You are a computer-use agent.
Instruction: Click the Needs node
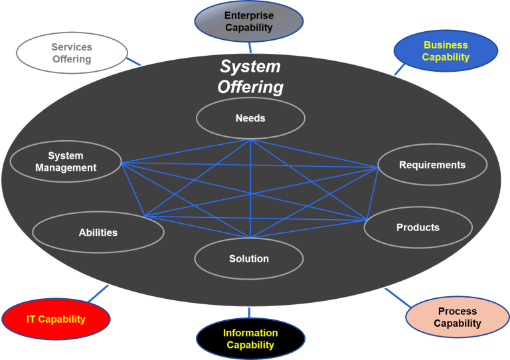click(250, 118)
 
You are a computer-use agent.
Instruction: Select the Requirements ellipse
click(432, 165)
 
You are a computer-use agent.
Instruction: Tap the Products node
click(418, 227)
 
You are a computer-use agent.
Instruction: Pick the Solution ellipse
click(249, 258)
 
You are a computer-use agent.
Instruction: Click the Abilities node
click(98, 232)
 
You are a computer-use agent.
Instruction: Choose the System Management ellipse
click(66, 162)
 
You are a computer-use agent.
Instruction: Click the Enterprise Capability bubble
click(249, 21)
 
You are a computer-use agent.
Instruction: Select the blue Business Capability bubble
click(446, 51)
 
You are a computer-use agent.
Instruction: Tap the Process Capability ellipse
click(457, 317)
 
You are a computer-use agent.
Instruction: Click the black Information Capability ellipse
click(250, 339)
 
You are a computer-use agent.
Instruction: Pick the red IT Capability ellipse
click(56, 319)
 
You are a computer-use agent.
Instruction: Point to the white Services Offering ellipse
click(72, 53)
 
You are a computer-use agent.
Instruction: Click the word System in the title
click(250, 67)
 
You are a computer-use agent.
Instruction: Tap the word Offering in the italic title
click(250, 87)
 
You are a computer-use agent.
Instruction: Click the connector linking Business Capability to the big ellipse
click(399, 69)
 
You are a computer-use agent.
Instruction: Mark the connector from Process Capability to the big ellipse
click(397, 297)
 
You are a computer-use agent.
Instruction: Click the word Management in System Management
click(66, 168)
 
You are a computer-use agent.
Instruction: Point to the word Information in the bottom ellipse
click(250, 333)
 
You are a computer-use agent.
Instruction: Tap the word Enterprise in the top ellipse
click(249, 16)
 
